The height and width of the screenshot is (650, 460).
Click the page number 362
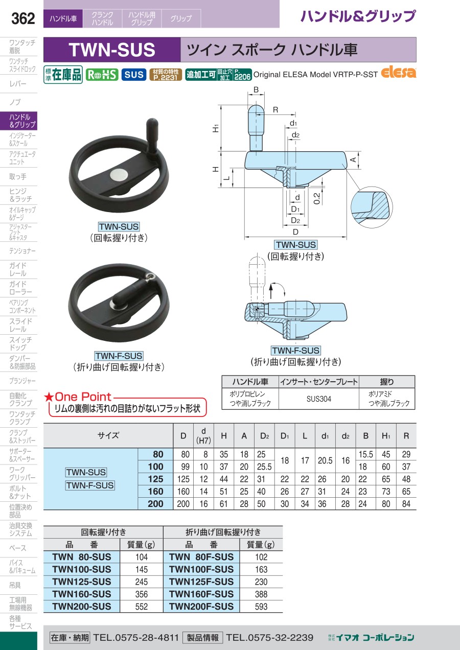point(23,19)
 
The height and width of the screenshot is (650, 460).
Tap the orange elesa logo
point(399,73)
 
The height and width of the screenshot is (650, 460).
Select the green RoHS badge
point(102,75)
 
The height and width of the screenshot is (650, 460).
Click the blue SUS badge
point(134,75)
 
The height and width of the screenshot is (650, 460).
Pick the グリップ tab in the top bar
point(181,18)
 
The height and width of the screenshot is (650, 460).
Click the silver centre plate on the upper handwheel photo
point(119,175)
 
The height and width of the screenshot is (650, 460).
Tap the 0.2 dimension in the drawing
point(316,198)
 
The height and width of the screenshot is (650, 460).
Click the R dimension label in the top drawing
point(275,110)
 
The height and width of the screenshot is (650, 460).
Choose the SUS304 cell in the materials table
point(318,399)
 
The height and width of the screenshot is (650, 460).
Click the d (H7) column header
point(203,435)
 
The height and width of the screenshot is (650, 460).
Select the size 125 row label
point(155,479)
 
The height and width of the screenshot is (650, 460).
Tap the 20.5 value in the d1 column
point(325,460)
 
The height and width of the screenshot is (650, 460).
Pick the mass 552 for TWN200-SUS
point(142,607)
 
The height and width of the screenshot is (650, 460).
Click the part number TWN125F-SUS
point(201,582)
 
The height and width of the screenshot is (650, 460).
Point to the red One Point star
point(49,397)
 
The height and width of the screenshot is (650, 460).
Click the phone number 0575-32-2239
point(270,637)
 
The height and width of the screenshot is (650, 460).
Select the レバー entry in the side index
point(18,84)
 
